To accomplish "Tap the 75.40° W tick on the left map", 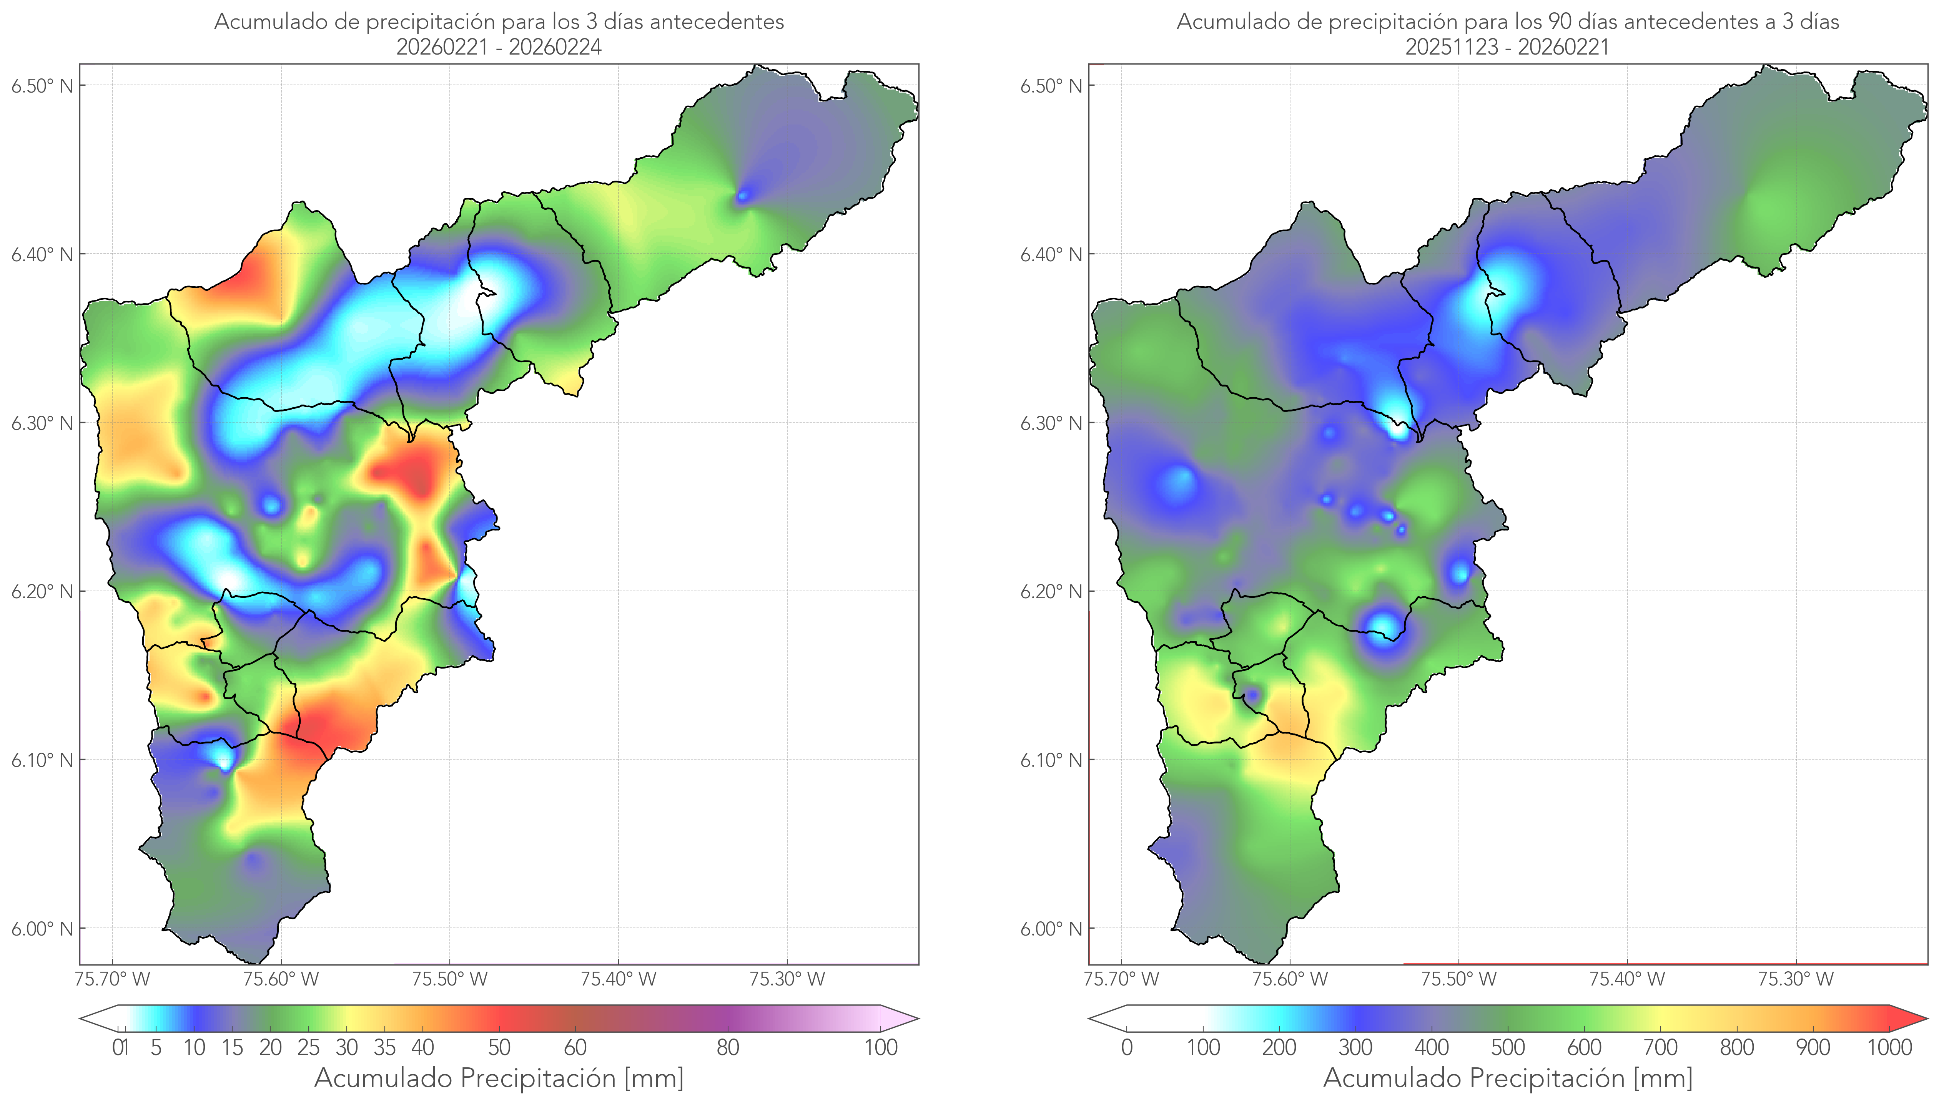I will pos(618,979).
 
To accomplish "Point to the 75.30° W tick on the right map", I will pos(1796,979).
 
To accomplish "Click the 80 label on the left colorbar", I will pos(727,1047).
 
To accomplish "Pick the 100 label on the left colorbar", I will pos(881,1047).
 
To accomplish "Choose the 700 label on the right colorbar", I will pos(1660,1047).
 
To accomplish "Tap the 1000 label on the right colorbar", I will pos(1889,1047).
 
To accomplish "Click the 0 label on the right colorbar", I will pos(1127,1047).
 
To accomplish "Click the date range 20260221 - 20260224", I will pos(499,47).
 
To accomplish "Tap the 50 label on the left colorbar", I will pos(499,1047).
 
